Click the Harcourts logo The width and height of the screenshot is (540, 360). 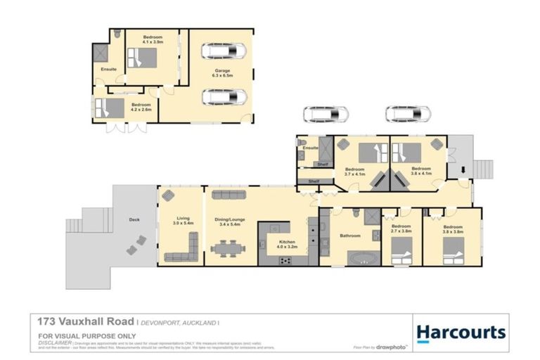[x=461, y=332]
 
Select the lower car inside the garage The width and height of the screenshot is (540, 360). [x=224, y=96]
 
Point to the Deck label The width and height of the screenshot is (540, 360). [x=135, y=220]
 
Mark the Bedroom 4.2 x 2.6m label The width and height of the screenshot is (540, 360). [x=141, y=107]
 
